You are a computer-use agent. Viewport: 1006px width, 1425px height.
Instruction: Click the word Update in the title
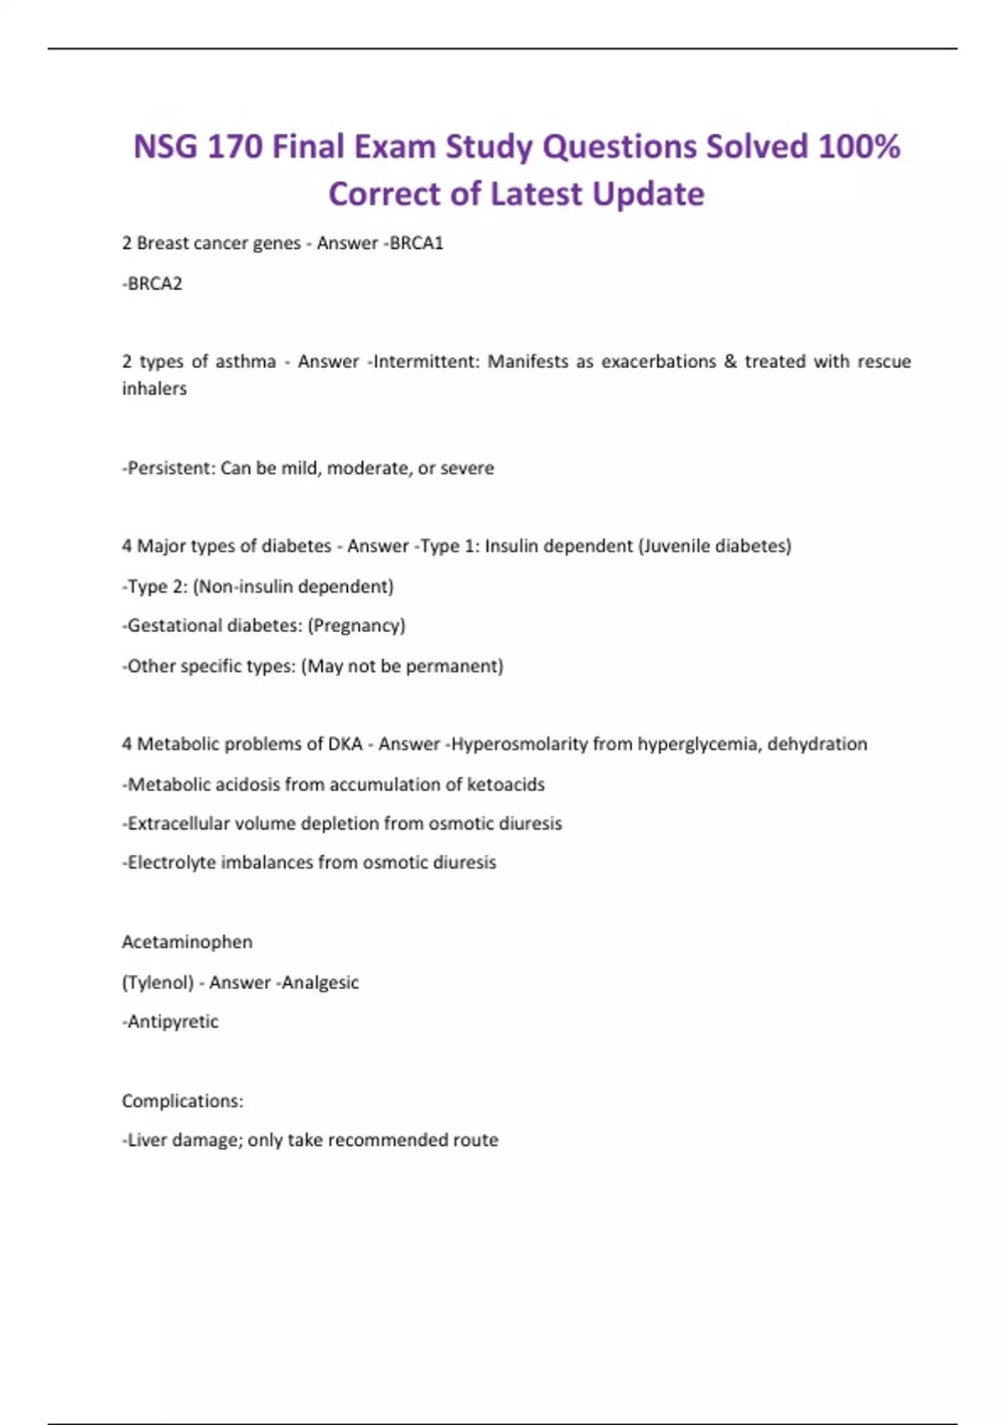click(648, 194)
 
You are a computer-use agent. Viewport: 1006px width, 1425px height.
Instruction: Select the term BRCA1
click(417, 243)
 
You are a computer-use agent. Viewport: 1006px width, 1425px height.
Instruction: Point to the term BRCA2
click(154, 283)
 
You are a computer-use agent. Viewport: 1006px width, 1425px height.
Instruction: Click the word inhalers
click(154, 388)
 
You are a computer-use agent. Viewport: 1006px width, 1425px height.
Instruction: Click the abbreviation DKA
click(345, 744)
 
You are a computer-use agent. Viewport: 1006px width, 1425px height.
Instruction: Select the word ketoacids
click(506, 784)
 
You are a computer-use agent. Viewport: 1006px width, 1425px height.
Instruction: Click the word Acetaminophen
click(187, 941)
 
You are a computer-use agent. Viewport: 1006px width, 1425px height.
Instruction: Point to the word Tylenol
click(158, 982)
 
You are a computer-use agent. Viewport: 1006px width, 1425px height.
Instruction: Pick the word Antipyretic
click(172, 1021)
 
